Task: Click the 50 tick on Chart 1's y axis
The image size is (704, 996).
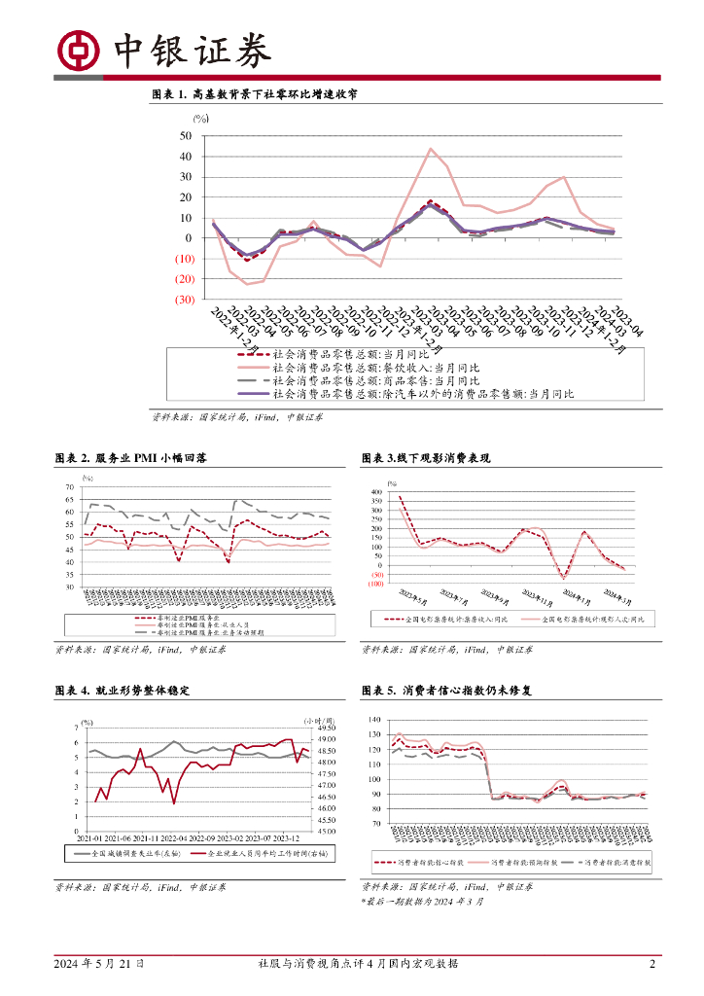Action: point(186,135)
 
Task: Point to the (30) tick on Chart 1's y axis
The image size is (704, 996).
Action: point(183,300)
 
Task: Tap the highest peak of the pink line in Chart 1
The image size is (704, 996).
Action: point(431,149)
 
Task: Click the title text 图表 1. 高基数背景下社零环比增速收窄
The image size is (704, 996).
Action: point(254,94)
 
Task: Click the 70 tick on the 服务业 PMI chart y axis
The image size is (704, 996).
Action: point(69,486)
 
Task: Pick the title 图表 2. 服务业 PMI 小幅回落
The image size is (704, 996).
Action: point(139,457)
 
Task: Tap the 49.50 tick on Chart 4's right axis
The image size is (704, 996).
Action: point(326,728)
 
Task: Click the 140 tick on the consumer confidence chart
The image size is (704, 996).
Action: point(374,720)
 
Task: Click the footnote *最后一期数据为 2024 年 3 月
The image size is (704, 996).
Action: point(421,902)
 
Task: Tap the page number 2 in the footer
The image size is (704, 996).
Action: point(651,964)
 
